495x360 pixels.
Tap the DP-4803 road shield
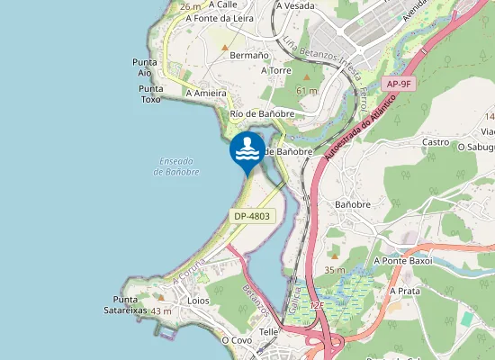coord(251,217)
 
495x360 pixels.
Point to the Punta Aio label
coord(146,67)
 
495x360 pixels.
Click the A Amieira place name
coord(205,93)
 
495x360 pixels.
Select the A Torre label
coord(276,69)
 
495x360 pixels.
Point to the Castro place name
coord(436,142)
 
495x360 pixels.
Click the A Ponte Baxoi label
coord(402,260)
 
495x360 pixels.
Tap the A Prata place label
coord(406,292)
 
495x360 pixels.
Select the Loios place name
coord(198,301)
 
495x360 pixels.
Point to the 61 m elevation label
coord(307,91)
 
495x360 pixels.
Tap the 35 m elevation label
coord(335,270)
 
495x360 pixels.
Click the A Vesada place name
coord(296,5)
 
